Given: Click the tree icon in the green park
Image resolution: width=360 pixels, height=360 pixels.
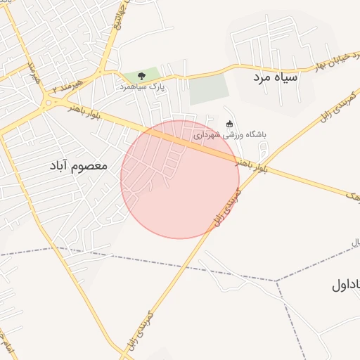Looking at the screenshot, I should [x=142, y=75].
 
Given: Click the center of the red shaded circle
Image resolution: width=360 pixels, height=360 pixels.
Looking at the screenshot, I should [x=180, y=179].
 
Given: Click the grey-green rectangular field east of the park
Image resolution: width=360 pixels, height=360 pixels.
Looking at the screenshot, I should [x=210, y=89].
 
